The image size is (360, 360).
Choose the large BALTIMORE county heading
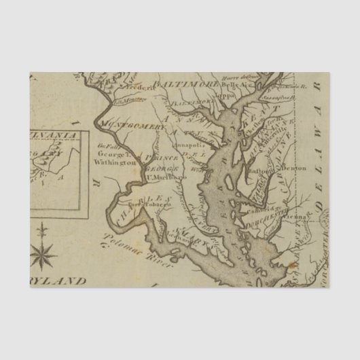click(x=187, y=83)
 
